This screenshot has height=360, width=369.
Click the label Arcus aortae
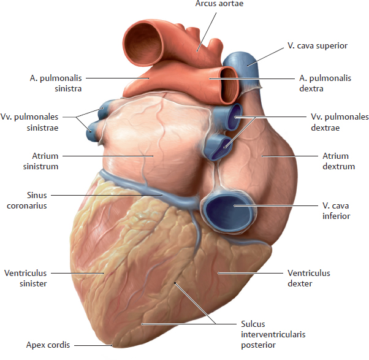(x=219, y=3)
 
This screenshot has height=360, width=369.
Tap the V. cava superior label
(x=318, y=45)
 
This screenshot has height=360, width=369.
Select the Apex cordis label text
(x=48, y=345)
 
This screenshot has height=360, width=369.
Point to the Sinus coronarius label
(x=27, y=201)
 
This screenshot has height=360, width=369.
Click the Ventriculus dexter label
(x=309, y=278)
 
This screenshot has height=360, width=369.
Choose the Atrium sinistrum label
(x=40, y=161)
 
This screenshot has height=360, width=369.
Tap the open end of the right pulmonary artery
(x=229, y=85)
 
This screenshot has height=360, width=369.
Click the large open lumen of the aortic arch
(x=143, y=44)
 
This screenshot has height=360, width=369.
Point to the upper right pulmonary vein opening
(x=235, y=117)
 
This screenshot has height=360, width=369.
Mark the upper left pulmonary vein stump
(x=104, y=109)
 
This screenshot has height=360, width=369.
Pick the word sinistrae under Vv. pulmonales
(x=42, y=128)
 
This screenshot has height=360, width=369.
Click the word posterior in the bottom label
(x=258, y=345)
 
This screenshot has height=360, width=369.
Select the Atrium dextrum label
(x=338, y=161)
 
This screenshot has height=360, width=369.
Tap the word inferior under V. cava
(x=337, y=216)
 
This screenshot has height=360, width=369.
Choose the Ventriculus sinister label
(x=26, y=278)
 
